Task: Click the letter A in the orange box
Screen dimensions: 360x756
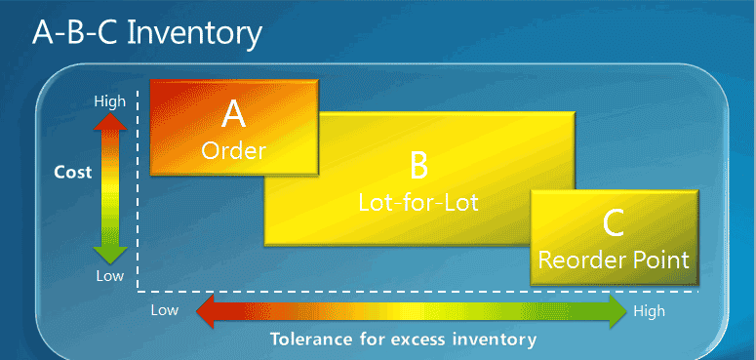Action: (x=234, y=115)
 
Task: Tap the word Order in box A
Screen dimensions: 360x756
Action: (x=233, y=150)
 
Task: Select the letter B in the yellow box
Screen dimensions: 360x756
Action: (x=418, y=166)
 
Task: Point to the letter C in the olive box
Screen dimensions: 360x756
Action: (x=614, y=224)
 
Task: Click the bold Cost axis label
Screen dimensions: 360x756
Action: (x=72, y=173)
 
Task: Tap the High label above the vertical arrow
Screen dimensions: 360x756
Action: (x=109, y=100)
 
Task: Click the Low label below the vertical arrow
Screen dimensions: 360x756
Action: (x=109, y=275)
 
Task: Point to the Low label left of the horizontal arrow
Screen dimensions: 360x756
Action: (x=164, y=311)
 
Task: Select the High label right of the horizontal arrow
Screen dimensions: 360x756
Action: (x=649, y=311)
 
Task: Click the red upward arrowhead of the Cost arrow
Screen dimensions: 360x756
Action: (x=110, y=121)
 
